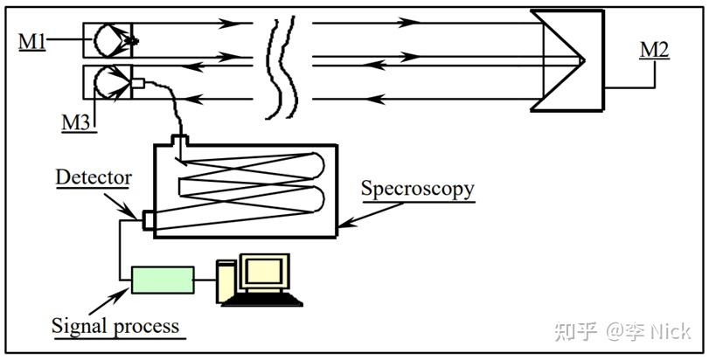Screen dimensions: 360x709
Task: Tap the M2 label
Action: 654,50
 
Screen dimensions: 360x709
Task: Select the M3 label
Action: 75,123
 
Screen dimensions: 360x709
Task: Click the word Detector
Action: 94,178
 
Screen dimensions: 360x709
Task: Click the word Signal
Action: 80,327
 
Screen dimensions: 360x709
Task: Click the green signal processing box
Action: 163,280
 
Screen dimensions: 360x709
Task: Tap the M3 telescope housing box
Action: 107,84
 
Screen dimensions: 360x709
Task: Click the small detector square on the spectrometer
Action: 147,220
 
